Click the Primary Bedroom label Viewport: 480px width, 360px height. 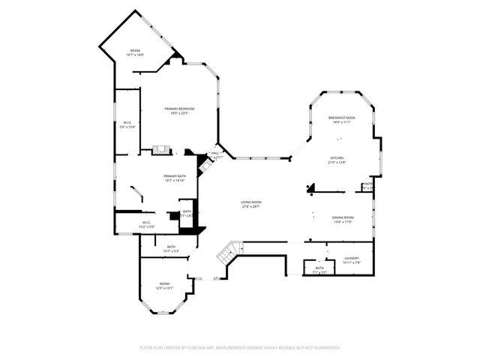(x=180, y=109)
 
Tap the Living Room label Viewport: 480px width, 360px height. (x=250, y=202)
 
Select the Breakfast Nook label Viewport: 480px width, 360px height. (x=341, y=118)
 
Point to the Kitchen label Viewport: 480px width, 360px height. (x=337, y=158)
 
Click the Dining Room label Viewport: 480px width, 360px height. (x=343, y=217)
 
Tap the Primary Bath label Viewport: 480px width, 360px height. (x=175, y=175)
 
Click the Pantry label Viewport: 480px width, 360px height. (x=367, y=184)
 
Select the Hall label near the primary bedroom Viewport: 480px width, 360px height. (x=215, y=154)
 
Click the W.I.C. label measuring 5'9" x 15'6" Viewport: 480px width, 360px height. (x=127, y=122)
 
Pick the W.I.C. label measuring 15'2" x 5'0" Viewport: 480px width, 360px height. (x=147, y=222)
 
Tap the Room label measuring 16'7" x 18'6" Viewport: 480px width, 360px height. (x=135, y=50)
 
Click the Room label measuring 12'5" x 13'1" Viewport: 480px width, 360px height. (x=164, y=283)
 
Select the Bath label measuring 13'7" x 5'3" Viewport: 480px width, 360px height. (x=171, y=247)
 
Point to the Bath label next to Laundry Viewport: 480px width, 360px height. (x=319, y=268)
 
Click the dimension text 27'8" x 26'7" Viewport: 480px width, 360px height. (x=250, y=206)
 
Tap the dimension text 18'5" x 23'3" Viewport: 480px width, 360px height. (x=180, y=113)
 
